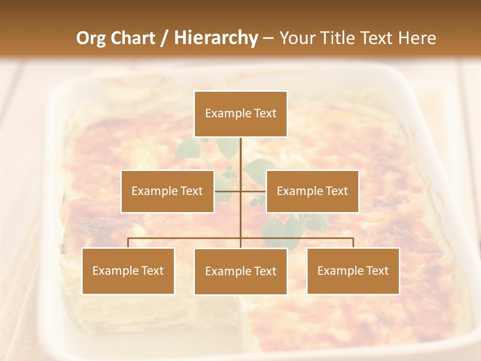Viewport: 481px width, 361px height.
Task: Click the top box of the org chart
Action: click(x=241, y=114)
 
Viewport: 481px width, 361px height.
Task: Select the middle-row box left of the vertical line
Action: click(x=167, y=191)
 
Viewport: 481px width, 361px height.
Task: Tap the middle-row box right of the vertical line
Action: click(x=312, y=191)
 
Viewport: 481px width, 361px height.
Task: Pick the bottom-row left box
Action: click(x=128, y=271)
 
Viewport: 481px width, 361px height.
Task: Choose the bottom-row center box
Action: click(x=241, y=271)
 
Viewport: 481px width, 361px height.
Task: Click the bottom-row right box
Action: click(x=353, y=271)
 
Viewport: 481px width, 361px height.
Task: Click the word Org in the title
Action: click(x=91, y=38)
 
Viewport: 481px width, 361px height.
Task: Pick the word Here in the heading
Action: click(x=417, y=38)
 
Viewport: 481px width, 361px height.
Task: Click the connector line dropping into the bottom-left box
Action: click(x=128, y=243)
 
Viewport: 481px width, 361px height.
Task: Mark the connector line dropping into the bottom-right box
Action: click(x=353, y=243)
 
